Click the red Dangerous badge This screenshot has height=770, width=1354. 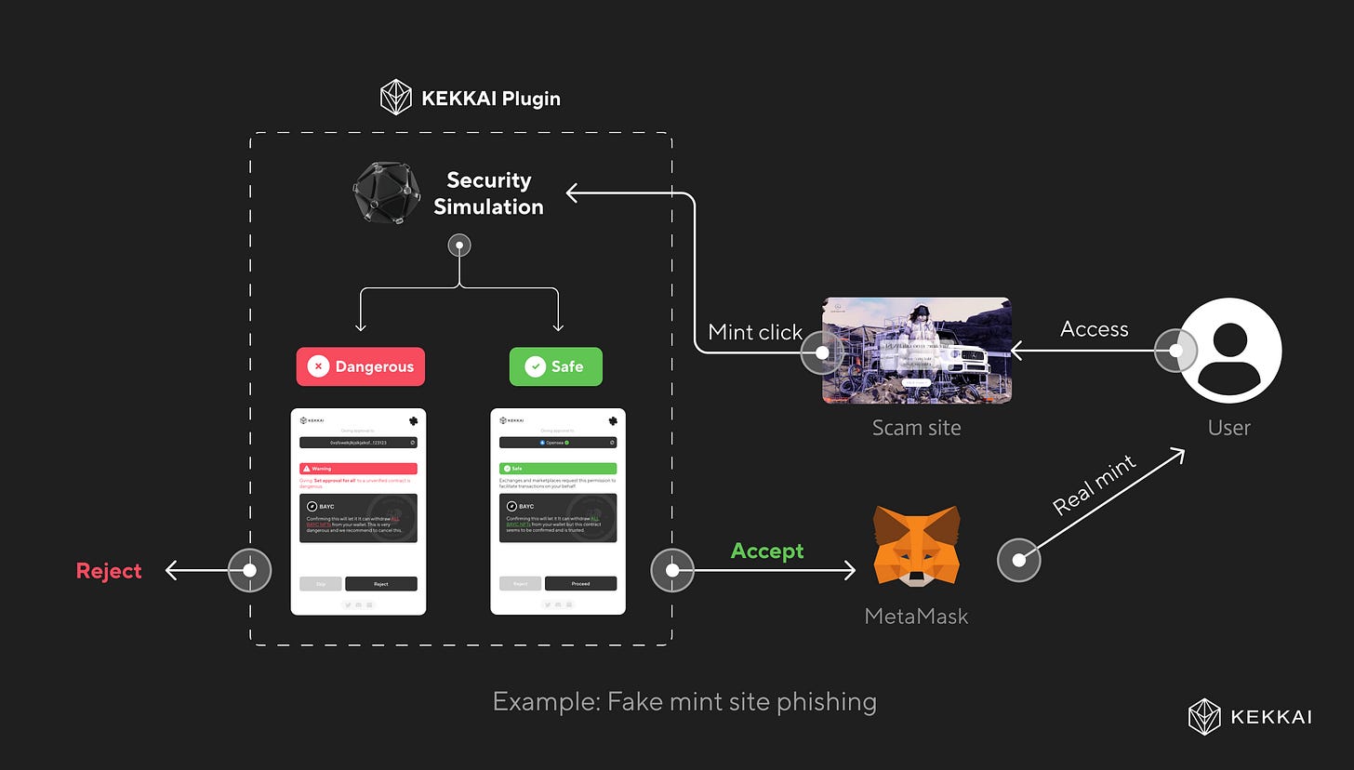coord(361,366)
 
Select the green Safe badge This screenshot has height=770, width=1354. coord(556,366)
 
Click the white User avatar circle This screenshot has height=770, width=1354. coord(1229,351)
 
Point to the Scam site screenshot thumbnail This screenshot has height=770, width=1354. coord(916,351)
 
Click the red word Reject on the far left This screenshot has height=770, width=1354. coord(109,571)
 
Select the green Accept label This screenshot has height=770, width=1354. coord(767,551)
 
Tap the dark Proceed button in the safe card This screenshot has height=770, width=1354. coord(580,584)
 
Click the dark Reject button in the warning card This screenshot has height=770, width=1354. coord(380,584)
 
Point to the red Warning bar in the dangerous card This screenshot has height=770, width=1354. coord(358,469)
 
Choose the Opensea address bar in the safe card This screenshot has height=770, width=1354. coord(558,443)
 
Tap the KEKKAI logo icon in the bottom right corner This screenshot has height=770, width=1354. coord(1204,716)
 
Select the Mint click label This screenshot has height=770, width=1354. coord(754,332)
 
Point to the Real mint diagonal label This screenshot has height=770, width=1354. coord(1095,485)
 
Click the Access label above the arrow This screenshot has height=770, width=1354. coord(1094,329)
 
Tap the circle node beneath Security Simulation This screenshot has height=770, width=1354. coord(459,246)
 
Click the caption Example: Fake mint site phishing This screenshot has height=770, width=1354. coord(684,701)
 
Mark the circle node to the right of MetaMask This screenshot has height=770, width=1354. coord(1018,561)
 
